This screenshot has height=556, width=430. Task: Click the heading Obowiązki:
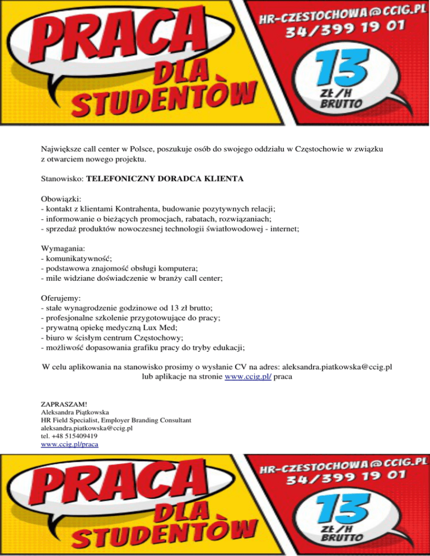point(62,199)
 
